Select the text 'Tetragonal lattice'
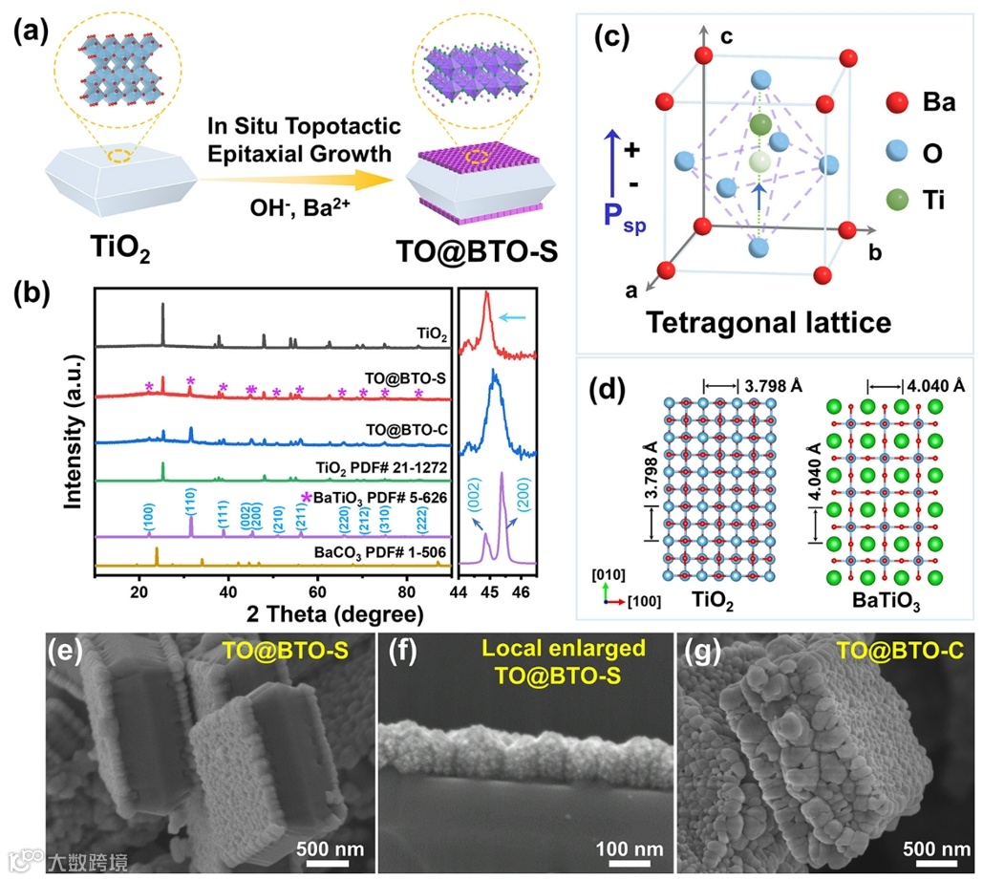pos(768,321)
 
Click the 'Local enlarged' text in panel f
pos(548,649)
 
